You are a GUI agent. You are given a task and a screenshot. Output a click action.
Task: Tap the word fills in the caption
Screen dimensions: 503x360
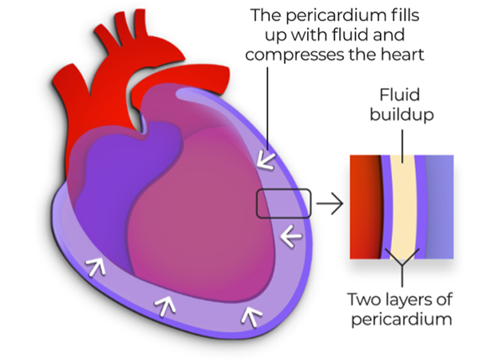point(405,15)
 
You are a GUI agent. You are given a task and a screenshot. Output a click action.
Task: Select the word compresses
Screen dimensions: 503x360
point(294,55)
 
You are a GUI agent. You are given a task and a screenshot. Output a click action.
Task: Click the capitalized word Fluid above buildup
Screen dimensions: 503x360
point(400,95)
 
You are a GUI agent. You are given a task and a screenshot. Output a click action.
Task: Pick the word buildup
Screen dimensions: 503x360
point(401,114)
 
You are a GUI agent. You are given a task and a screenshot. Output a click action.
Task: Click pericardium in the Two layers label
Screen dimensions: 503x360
point(401,320)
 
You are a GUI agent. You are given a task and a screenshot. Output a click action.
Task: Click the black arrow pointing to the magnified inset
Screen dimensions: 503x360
point(330,204)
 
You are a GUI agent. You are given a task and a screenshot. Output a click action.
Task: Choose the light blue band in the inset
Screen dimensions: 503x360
point(439,207)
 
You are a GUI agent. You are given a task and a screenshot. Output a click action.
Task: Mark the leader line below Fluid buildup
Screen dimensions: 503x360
point(402,143)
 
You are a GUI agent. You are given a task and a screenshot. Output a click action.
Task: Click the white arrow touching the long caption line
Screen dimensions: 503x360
point(267,160)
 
